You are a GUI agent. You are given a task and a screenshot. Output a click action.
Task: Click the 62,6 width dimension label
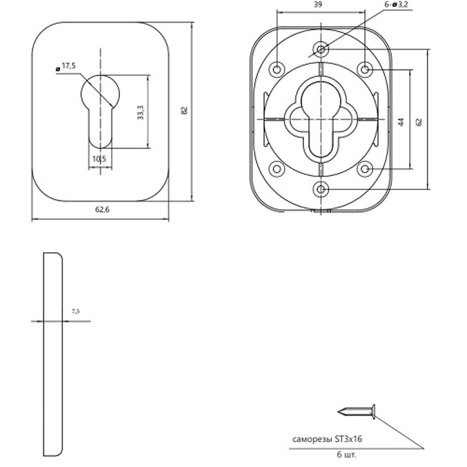(102, 210)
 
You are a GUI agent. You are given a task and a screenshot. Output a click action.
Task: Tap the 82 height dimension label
(184, 110)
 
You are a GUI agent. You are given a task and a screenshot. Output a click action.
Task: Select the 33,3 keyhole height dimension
(141, 112)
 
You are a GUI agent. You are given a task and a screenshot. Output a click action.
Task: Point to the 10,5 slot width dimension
(99, 159)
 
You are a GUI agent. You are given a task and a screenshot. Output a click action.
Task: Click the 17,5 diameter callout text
(69, 65)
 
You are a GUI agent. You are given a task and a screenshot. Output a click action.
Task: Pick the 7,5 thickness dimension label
(76, 311)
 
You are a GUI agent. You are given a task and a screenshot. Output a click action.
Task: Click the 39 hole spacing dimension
(318, 5)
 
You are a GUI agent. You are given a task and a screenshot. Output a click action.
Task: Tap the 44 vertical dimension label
(402, 122)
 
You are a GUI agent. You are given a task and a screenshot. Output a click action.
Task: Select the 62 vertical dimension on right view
(419, 122)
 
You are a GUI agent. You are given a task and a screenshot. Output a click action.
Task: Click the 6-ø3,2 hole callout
(396, 5)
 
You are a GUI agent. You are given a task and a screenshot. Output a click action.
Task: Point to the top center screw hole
(321, 49)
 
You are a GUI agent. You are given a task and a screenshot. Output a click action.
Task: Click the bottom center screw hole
(321, 189)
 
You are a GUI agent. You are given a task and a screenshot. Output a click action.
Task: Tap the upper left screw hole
(277, 70)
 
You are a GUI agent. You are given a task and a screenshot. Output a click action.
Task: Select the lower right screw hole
(365, 169)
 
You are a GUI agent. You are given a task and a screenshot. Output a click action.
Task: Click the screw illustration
(356, 411)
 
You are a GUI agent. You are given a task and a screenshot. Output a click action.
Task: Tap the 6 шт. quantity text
(347, 455)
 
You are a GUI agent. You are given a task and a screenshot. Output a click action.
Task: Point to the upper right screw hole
(365, 70)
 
